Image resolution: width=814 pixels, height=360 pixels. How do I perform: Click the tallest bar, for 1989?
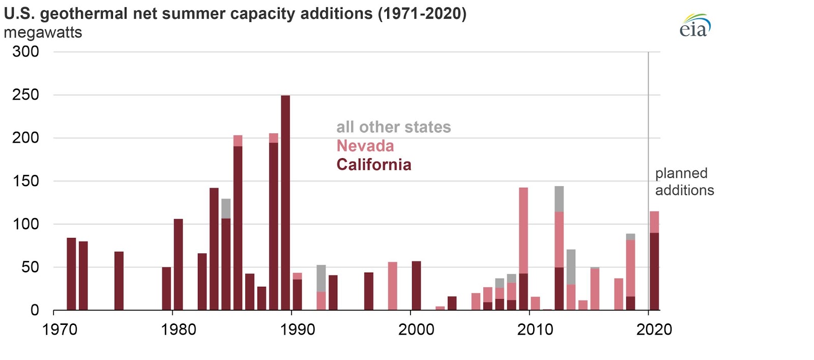[x=285, y=203]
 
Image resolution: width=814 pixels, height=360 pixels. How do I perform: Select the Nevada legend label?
[x=365, y=146]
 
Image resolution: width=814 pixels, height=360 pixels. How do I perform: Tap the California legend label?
[x=374, y=165]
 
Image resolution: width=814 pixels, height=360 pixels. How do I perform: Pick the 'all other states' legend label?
[x=393, y=127]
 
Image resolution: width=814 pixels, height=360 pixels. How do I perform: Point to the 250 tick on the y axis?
[x=25, y=95]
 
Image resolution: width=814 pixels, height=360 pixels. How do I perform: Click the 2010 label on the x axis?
[x=535, y=329]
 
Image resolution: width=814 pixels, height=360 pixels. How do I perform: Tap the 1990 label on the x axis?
[x=298, y=329]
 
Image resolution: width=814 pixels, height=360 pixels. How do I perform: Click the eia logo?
[x=694, y=26]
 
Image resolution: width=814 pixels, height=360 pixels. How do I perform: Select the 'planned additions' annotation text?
[x=684, y=182]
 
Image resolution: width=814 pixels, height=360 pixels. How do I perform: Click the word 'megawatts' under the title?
[x=43, y=33]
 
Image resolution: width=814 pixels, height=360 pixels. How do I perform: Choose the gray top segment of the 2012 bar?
[x=559, y=199]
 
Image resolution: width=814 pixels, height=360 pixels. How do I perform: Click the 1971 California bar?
[x=71, y=274]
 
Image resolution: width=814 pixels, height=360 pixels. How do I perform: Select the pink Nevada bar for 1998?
[x=392, y=286]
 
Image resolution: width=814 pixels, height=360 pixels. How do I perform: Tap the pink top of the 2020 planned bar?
[x=654, y=222]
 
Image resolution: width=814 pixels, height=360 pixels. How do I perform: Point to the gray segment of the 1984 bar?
[x=226, y=208]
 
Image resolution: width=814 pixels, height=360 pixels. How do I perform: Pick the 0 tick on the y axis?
[x=35, y=310]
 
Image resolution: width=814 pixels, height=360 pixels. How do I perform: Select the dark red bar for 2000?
[x=416, y=286]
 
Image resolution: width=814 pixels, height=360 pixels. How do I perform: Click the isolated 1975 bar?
[x=119, y=281]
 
